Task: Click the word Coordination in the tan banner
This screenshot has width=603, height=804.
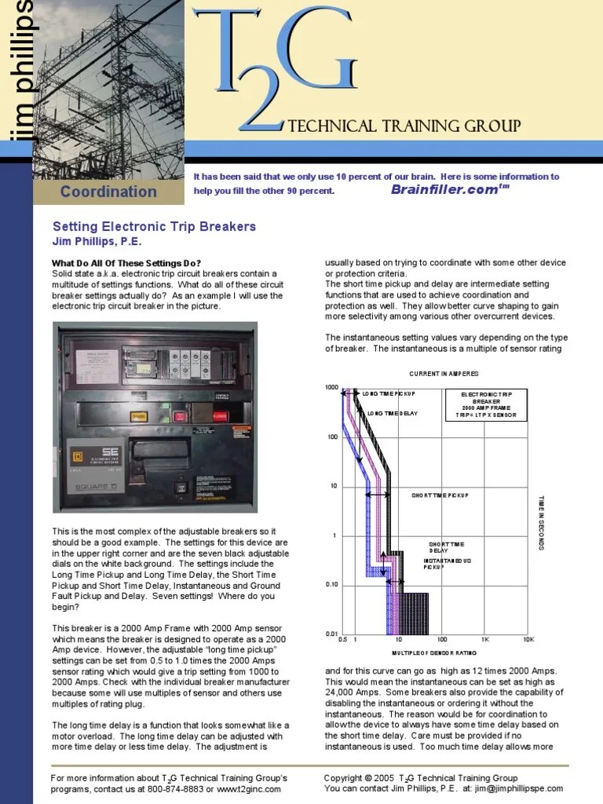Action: pyautogui.click(x=108, y=192)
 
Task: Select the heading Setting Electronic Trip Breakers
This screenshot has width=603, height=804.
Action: pyautogui.click(x=154, y=226)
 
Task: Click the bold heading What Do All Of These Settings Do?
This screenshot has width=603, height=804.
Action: pyautogui.click(x=126, y=262)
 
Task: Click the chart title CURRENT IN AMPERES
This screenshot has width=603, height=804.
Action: pyautogui.click(x=444, y=373)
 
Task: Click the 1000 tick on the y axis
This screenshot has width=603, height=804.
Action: pyautogui.click(x=331, y=388)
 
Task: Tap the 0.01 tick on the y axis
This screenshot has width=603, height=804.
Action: pyautogui.click(x=331, y=633)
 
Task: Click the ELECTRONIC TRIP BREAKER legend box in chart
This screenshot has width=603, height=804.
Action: pyautogui.click(x=488, y=403)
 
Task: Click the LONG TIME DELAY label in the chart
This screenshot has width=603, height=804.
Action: pyautogui.click(x=392, y=413)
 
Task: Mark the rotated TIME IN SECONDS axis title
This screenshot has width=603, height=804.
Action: pyautogui.click(x=541, y=522)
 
